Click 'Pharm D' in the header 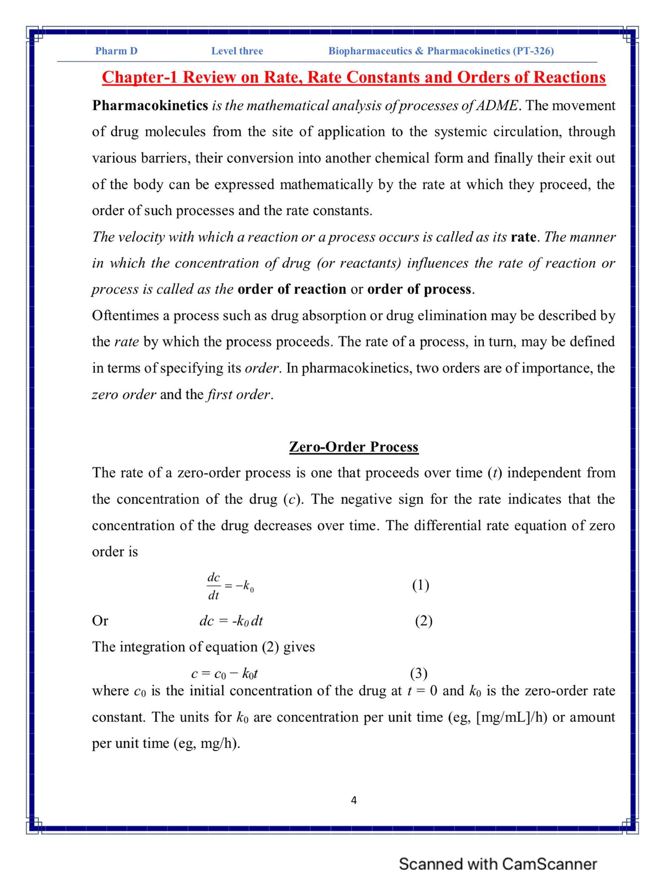point(116,51)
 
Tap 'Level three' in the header point(237,51)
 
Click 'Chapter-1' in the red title point(140,77)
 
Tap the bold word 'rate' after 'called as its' point(524,237)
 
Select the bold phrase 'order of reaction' point(291,289)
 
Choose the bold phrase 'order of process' point(420,289)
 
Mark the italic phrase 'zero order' point(124,395)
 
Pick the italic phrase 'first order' point(239,395)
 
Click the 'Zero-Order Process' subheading point(354,447)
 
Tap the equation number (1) point(421,585)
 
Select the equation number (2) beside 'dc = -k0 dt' point(424,621)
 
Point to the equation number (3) point(418,673)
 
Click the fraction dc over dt point(213,586)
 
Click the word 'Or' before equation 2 point(100,621)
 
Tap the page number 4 point(354,800)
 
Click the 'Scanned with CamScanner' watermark point(498,864)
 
